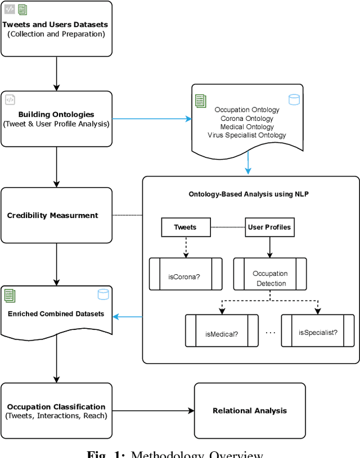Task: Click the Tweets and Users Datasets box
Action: pyautogui.click(x=56, y=29)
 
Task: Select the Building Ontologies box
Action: pyautogui.click(x=56, y=119)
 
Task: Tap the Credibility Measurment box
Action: pyautogui.click(x=56, y=215)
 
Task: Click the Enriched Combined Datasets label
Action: pyautogui.click(x=56, y=314)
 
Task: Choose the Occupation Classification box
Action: pyautogui.click(x=56, y=411)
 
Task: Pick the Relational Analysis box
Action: pyautogui.click(x=249, y=411)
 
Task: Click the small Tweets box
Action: pyautogui.click(x=186, y=228)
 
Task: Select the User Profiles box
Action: pyautogui.click(x=270, y=228)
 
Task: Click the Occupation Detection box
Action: pyautogui.click(x=270, y=278)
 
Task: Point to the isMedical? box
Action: pyautogui.click(x=222, y=333)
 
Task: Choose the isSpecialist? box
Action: pyautogui.click(x=318, y=333)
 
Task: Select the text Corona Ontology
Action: pyautogui.click(x=247, y=119)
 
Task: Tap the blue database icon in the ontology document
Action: pyautogui.click(x=294, y=100)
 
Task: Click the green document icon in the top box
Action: pyautogui.click(x=22, y=9)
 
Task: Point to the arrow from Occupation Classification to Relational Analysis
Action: pyautogui.click(x=152, y=411)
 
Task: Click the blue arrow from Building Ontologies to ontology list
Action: pyautogui.click(x=152, y=119)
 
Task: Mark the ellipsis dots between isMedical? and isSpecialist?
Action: pyautogui.click(x=271, y=333)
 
